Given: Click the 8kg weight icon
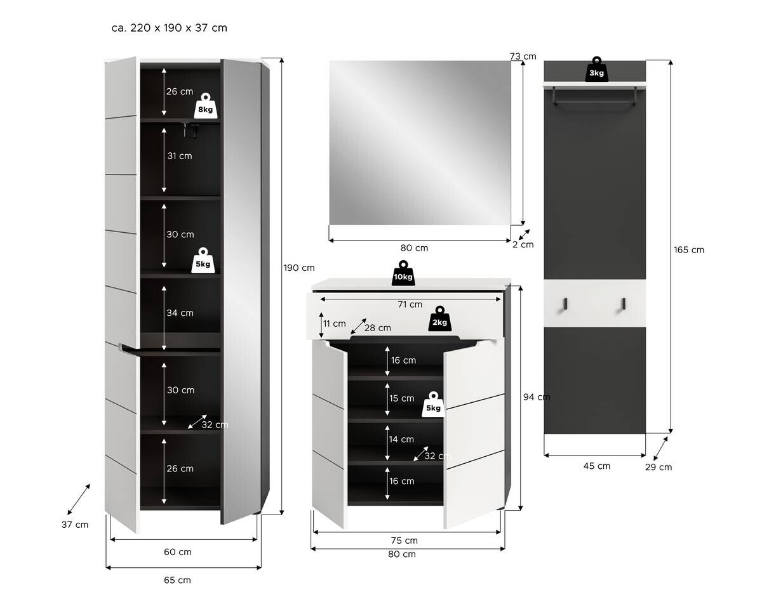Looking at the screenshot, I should (x=205, y=105).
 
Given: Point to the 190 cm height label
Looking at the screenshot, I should (x=299, y=268).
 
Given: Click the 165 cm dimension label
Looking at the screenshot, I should (x=689, y=250).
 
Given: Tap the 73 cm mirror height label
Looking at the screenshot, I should (x=523, y=56).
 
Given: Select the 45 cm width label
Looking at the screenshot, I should (x=596, y=466).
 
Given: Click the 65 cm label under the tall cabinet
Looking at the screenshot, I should (x=177, y=580).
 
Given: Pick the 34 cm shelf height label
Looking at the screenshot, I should (x=180, y=313).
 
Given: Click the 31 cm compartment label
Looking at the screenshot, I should (x=180, y=155).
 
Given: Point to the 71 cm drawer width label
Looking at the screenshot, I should (x=410, y=305).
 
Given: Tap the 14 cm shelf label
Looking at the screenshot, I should (x=402, y=439).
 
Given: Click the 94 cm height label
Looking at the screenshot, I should (x=537, y=397).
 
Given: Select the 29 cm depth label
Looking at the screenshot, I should (x=658, y=468).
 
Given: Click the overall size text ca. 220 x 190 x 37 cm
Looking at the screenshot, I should (x=168, y=28).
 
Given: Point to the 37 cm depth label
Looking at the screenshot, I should (x=75, y=525).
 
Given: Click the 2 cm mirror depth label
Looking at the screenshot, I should (x=523, y=244).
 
